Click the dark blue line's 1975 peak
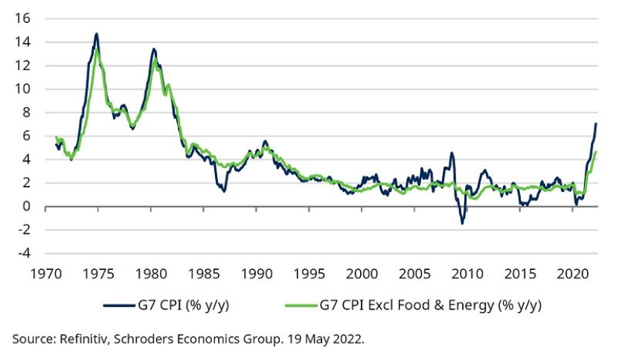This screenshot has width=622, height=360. pos(97,33)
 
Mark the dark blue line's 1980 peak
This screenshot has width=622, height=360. pos(153,49)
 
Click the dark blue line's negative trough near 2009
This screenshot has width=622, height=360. pos(462,223)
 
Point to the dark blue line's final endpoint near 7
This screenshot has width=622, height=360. pos(595,123)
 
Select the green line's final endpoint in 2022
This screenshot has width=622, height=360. pos(596,152)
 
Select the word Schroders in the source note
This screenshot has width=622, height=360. pos(138,338)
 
